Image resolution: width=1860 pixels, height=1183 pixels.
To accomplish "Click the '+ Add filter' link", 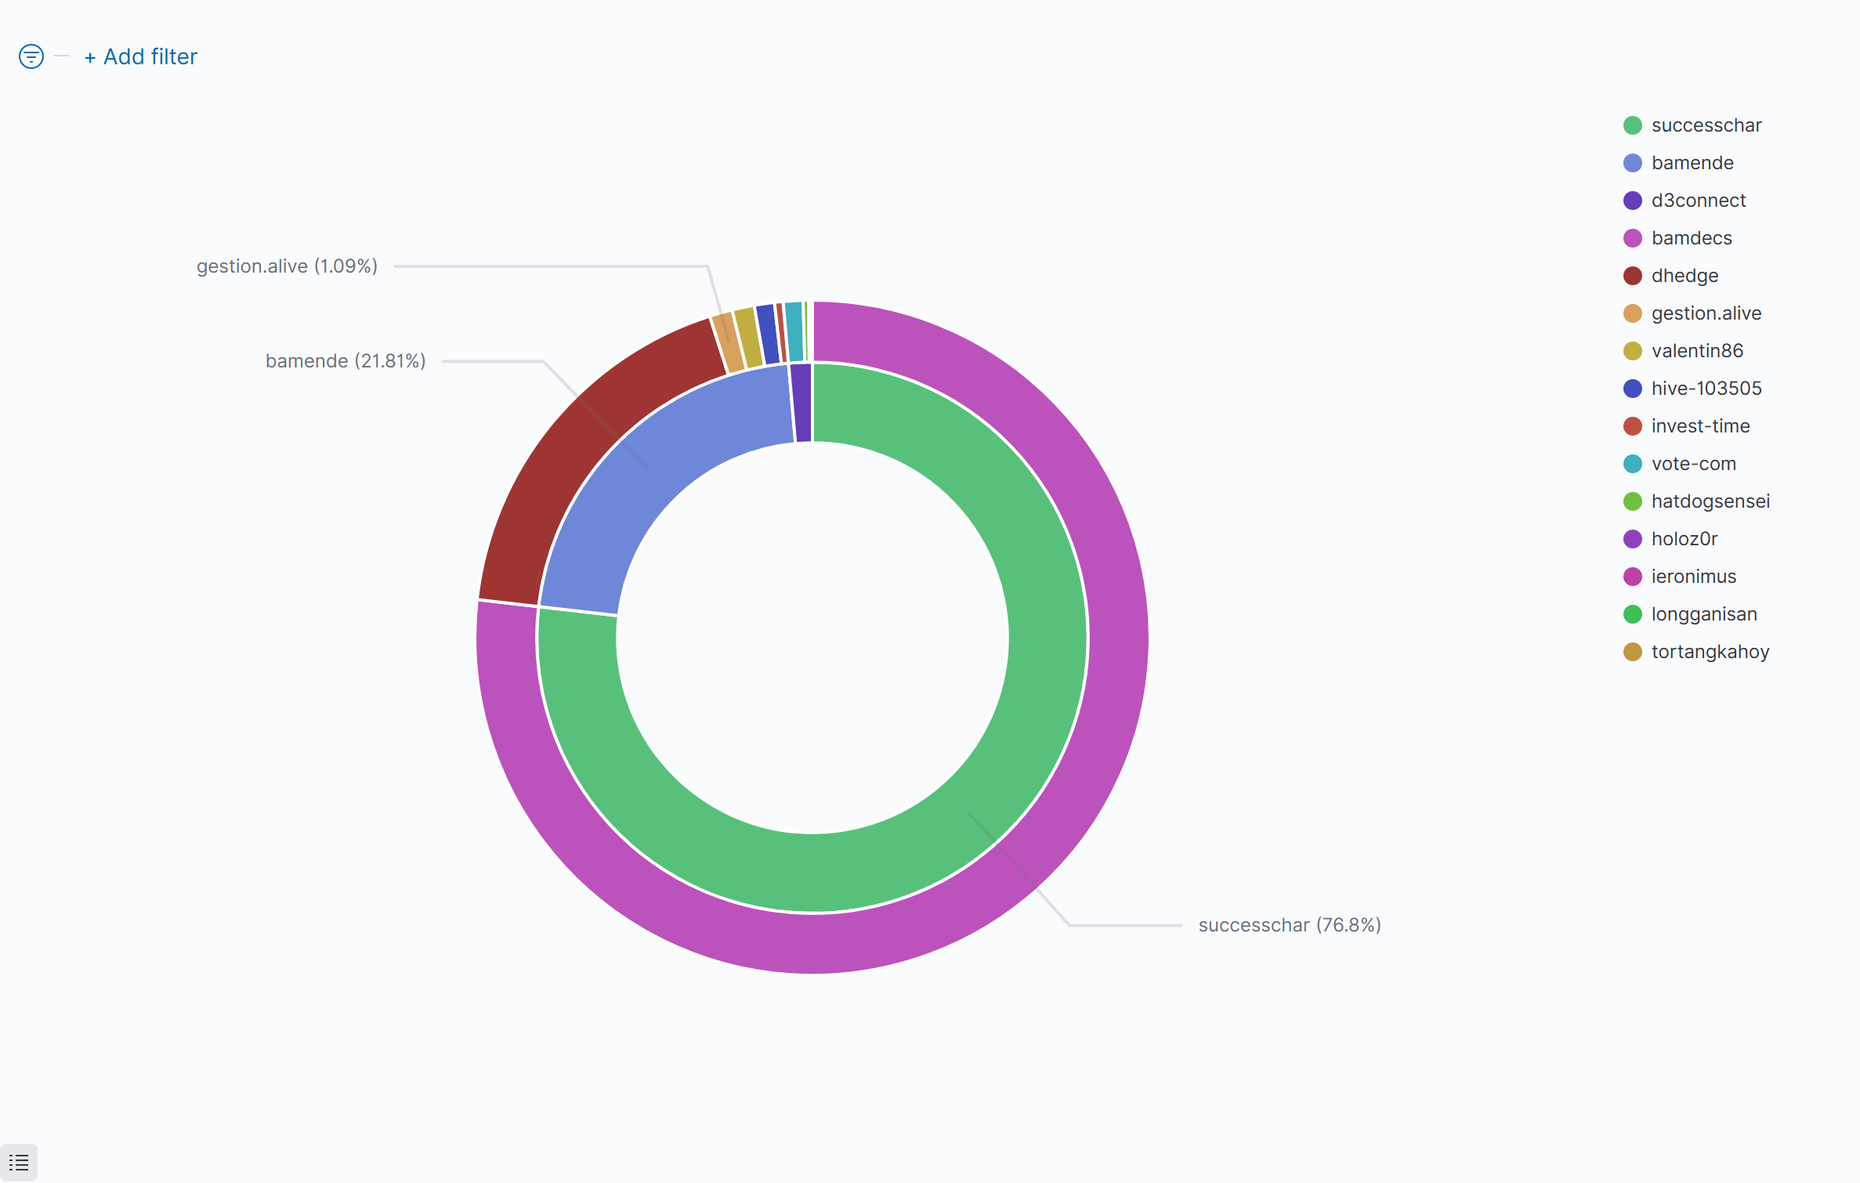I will click(141, 57).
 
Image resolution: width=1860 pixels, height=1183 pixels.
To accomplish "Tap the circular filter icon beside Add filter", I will click(31, 56).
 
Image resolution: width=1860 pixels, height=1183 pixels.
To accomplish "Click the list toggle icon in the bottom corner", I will click(19, 1163).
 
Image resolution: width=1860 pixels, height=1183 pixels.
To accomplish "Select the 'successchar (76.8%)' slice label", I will click(1289, 925).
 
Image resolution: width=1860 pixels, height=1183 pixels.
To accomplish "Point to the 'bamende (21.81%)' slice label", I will click(346, 361).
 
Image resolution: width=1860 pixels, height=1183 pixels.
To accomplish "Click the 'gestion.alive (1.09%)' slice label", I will click(287, 266).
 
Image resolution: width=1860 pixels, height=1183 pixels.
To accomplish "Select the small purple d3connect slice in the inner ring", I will click(802, 403).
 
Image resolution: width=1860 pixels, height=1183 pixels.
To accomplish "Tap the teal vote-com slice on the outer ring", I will click(794, 331).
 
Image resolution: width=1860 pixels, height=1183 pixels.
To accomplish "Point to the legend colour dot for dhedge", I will click(1633, 276).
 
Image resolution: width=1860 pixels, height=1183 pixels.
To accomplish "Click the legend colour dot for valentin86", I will click(1633, 351).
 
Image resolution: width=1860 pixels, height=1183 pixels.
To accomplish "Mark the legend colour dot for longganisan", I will click(1633, 614).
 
